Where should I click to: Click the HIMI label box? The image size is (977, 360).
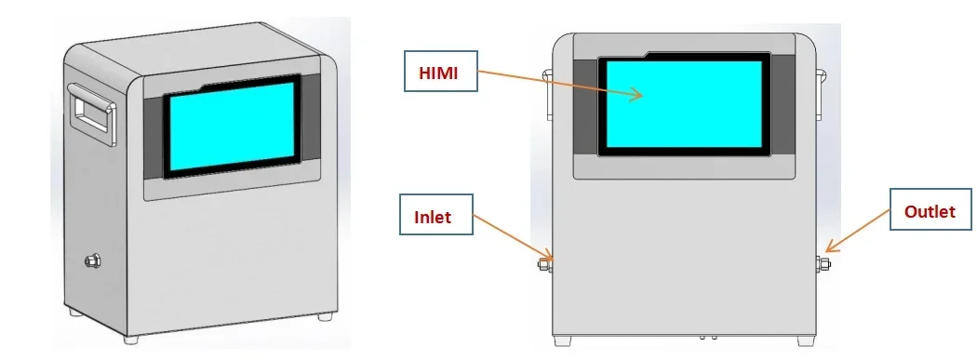pos(439,72)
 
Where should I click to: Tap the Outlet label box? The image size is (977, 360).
pos(930,212)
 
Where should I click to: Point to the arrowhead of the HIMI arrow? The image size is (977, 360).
pos(639,94)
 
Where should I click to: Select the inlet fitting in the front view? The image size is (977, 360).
pos(545,265)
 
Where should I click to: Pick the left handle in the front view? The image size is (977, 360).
pos(546,93)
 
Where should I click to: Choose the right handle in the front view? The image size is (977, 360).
pos(822,93)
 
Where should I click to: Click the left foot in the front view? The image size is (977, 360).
pos(563,340)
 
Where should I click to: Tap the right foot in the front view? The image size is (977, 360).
pos(805,340)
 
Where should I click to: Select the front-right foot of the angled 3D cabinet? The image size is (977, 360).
pos(324,317)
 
